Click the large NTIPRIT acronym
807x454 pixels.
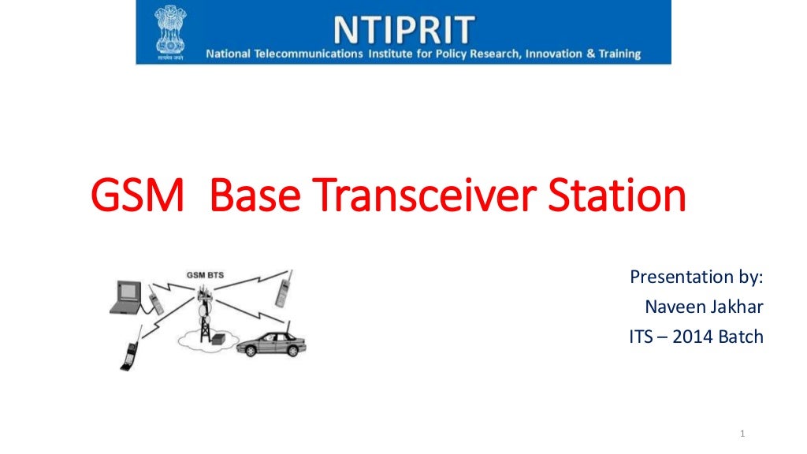pos(404,29)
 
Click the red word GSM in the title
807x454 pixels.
pos(138,198)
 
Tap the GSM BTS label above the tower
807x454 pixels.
pos(205,275)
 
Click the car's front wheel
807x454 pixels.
pos(251,350)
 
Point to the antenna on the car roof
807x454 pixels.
pos(288,326)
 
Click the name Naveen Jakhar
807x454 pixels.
pos(704,307)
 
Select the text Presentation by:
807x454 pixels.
pos(696,277)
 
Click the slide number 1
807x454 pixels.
pos(743,434)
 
